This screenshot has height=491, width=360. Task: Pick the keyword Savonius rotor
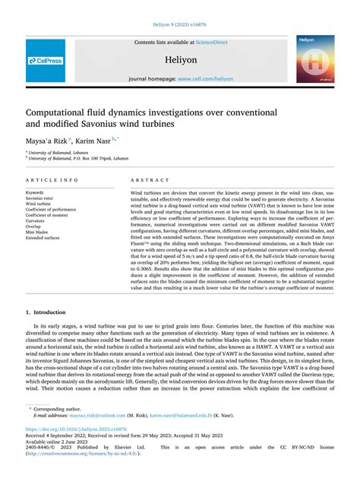(x=45, y=198)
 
